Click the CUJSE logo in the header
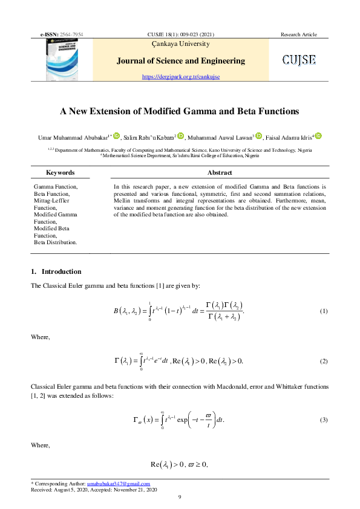pos(299,60)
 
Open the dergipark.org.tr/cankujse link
pos(180,77)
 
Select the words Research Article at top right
pos(298,34)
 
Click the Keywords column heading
pos(60,172)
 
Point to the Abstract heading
pos(220,172)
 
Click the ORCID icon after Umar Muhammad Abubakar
pos(117,137)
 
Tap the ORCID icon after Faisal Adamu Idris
pos(318,137)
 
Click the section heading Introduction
pos(61,271)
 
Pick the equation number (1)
pos(323,311)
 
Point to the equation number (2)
pos(323,361)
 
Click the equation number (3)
pos(323,419)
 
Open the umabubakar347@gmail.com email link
pos(118,484)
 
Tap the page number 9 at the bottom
pos(180,497)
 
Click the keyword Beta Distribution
pos(56,242)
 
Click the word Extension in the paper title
pos(123,111)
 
